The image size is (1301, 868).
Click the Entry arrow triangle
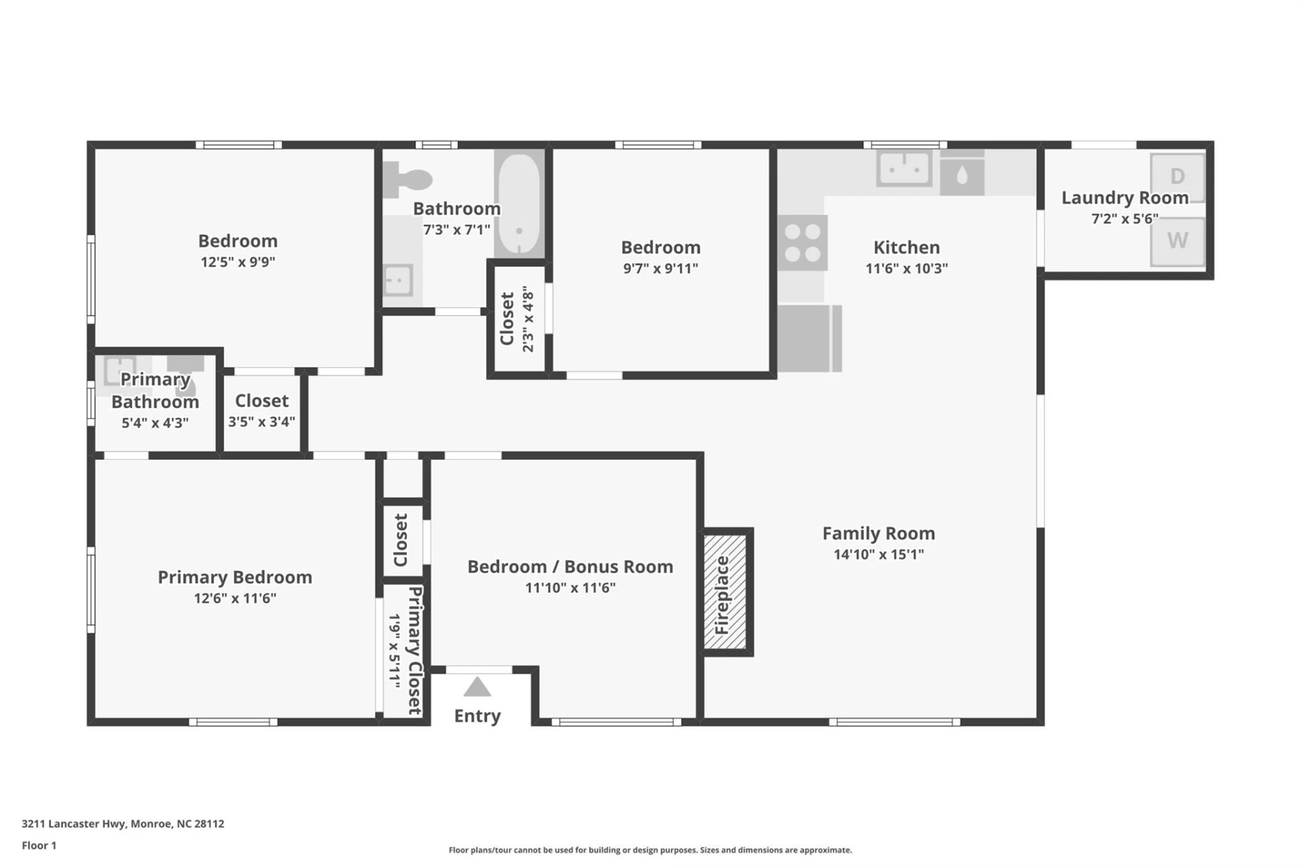[477, 688]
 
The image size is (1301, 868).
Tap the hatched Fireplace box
[724, 592]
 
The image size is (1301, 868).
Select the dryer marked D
[1178, 177]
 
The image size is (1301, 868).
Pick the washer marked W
[1178, 241]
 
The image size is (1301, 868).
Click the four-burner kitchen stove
[802, 243]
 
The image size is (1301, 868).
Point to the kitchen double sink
[904, 167]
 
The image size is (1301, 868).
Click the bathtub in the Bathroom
[519, 203]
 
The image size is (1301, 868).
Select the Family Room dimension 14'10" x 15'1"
[878, 555]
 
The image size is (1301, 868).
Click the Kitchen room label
[906, 248]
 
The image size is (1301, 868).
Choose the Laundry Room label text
[1125, 198]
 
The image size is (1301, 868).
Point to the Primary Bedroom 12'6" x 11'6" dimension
[235, 598]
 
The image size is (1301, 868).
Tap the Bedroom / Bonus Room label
[570, 567]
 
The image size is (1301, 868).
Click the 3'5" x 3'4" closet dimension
[262, 422]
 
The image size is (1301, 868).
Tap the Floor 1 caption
[39, 846]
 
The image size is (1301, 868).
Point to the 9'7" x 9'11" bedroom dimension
[661, 269]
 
